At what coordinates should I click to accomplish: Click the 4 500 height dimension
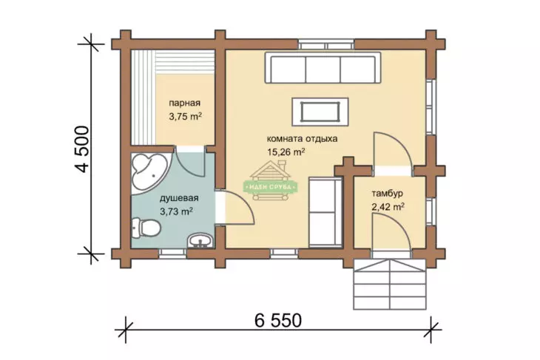(83, 149)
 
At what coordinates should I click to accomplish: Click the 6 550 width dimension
(278, 320)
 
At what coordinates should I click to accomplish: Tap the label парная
(185, 103)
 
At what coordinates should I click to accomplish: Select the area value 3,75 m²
(185, 116)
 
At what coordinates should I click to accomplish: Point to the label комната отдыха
(302, 139)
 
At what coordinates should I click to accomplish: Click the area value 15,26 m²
(286, 152)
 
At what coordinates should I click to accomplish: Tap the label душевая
(179, 198)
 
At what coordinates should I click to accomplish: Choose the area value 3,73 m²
(176, 211)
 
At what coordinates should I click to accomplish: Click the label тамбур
(387, 194)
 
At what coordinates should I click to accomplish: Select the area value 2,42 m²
(388, 207)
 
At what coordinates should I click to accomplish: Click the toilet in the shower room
(146, 227)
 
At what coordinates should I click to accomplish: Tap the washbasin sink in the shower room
(200, 240)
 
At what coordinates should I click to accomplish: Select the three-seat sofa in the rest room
(323, 68)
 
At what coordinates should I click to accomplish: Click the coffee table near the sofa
(320, 112)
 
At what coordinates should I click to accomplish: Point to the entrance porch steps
(390, 284)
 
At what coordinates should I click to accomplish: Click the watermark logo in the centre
(270, 181)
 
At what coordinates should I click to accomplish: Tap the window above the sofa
(326, 45)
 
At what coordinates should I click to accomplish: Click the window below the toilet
(172, 254)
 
